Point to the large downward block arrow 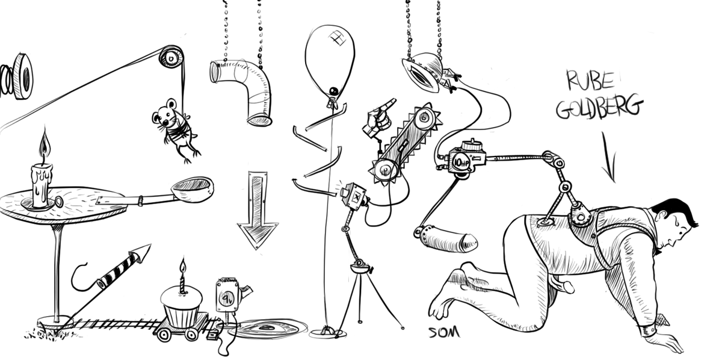[x=258, y=209]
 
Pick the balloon [x=330, y=61]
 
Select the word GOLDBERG [x=599, y=107]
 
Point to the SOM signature [x=444, y=332]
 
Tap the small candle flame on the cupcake [x=183, y=266]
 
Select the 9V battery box [x=227, y=296]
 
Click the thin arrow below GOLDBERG [x=609, y=157]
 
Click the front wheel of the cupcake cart [x=191, y=335]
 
